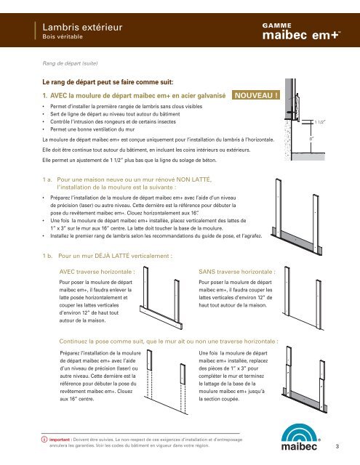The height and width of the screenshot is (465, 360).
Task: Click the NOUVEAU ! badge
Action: tap(256, 95)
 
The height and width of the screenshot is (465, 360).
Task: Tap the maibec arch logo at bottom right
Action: tap(299, 437)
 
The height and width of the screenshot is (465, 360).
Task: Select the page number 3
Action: tap(337, 446)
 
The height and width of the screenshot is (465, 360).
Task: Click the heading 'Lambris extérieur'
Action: tap(82, 28)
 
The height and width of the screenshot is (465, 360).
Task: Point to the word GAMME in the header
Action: tap(276, 25)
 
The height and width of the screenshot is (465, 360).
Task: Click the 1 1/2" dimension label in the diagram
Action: tap(320, 122)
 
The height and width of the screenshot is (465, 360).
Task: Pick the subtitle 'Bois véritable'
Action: tap(63, 37)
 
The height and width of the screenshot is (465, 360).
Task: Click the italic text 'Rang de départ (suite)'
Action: tap(70, 63)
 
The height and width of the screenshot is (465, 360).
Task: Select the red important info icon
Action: tap(44, 439)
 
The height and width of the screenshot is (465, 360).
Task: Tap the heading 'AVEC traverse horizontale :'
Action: tap(97, 272)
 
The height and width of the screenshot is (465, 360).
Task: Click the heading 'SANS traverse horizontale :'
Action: tap(237, 272)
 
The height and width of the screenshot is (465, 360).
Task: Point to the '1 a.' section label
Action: tap(47, 179)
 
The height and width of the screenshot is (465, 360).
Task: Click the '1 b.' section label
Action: tap(47, 256)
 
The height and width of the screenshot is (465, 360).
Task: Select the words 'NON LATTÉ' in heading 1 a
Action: tap(193, 179)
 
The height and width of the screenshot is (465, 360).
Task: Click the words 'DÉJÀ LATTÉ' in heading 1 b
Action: tap(112, 256)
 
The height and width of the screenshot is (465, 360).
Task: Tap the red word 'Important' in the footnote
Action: tap(60, 440)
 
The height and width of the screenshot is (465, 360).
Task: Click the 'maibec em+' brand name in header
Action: tap(301, 35)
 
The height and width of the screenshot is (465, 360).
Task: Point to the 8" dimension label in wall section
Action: tap(311, 138)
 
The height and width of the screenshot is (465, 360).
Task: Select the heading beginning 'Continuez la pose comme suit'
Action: tap(169, 341)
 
